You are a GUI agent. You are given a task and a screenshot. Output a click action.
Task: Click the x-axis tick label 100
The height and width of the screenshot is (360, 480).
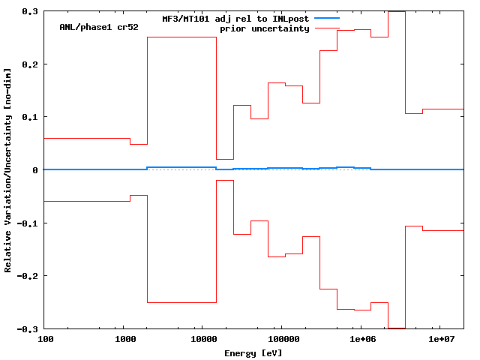(45, 340)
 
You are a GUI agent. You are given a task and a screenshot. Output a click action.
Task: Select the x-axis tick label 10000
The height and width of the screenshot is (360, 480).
(201, 340)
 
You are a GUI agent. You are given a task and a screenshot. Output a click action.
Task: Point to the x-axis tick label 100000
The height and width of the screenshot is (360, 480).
(281, 340)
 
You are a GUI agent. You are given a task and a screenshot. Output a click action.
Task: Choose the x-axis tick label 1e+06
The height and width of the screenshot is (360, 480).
(361, 340)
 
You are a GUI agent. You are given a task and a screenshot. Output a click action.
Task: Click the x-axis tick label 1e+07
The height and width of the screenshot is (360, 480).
(442, 340)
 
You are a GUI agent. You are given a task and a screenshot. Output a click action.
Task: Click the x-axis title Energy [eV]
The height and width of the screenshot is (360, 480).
(253, 352)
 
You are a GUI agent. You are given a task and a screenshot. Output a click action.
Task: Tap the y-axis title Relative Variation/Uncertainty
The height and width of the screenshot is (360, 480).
(8, 170)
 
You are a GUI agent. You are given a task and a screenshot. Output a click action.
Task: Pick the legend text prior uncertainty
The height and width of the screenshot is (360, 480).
(264, 28)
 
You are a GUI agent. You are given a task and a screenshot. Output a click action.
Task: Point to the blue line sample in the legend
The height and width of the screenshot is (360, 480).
(327, 18)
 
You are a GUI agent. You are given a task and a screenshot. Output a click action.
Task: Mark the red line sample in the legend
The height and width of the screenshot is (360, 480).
(327, 28)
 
